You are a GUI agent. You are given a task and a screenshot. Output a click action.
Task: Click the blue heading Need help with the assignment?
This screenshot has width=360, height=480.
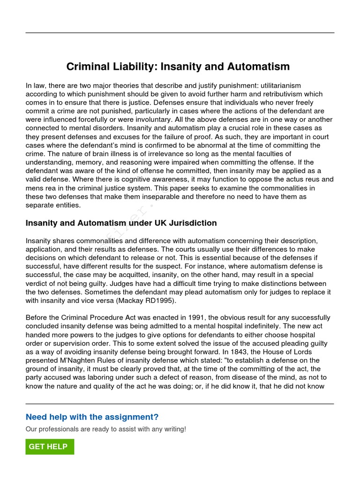coord(92,417)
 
